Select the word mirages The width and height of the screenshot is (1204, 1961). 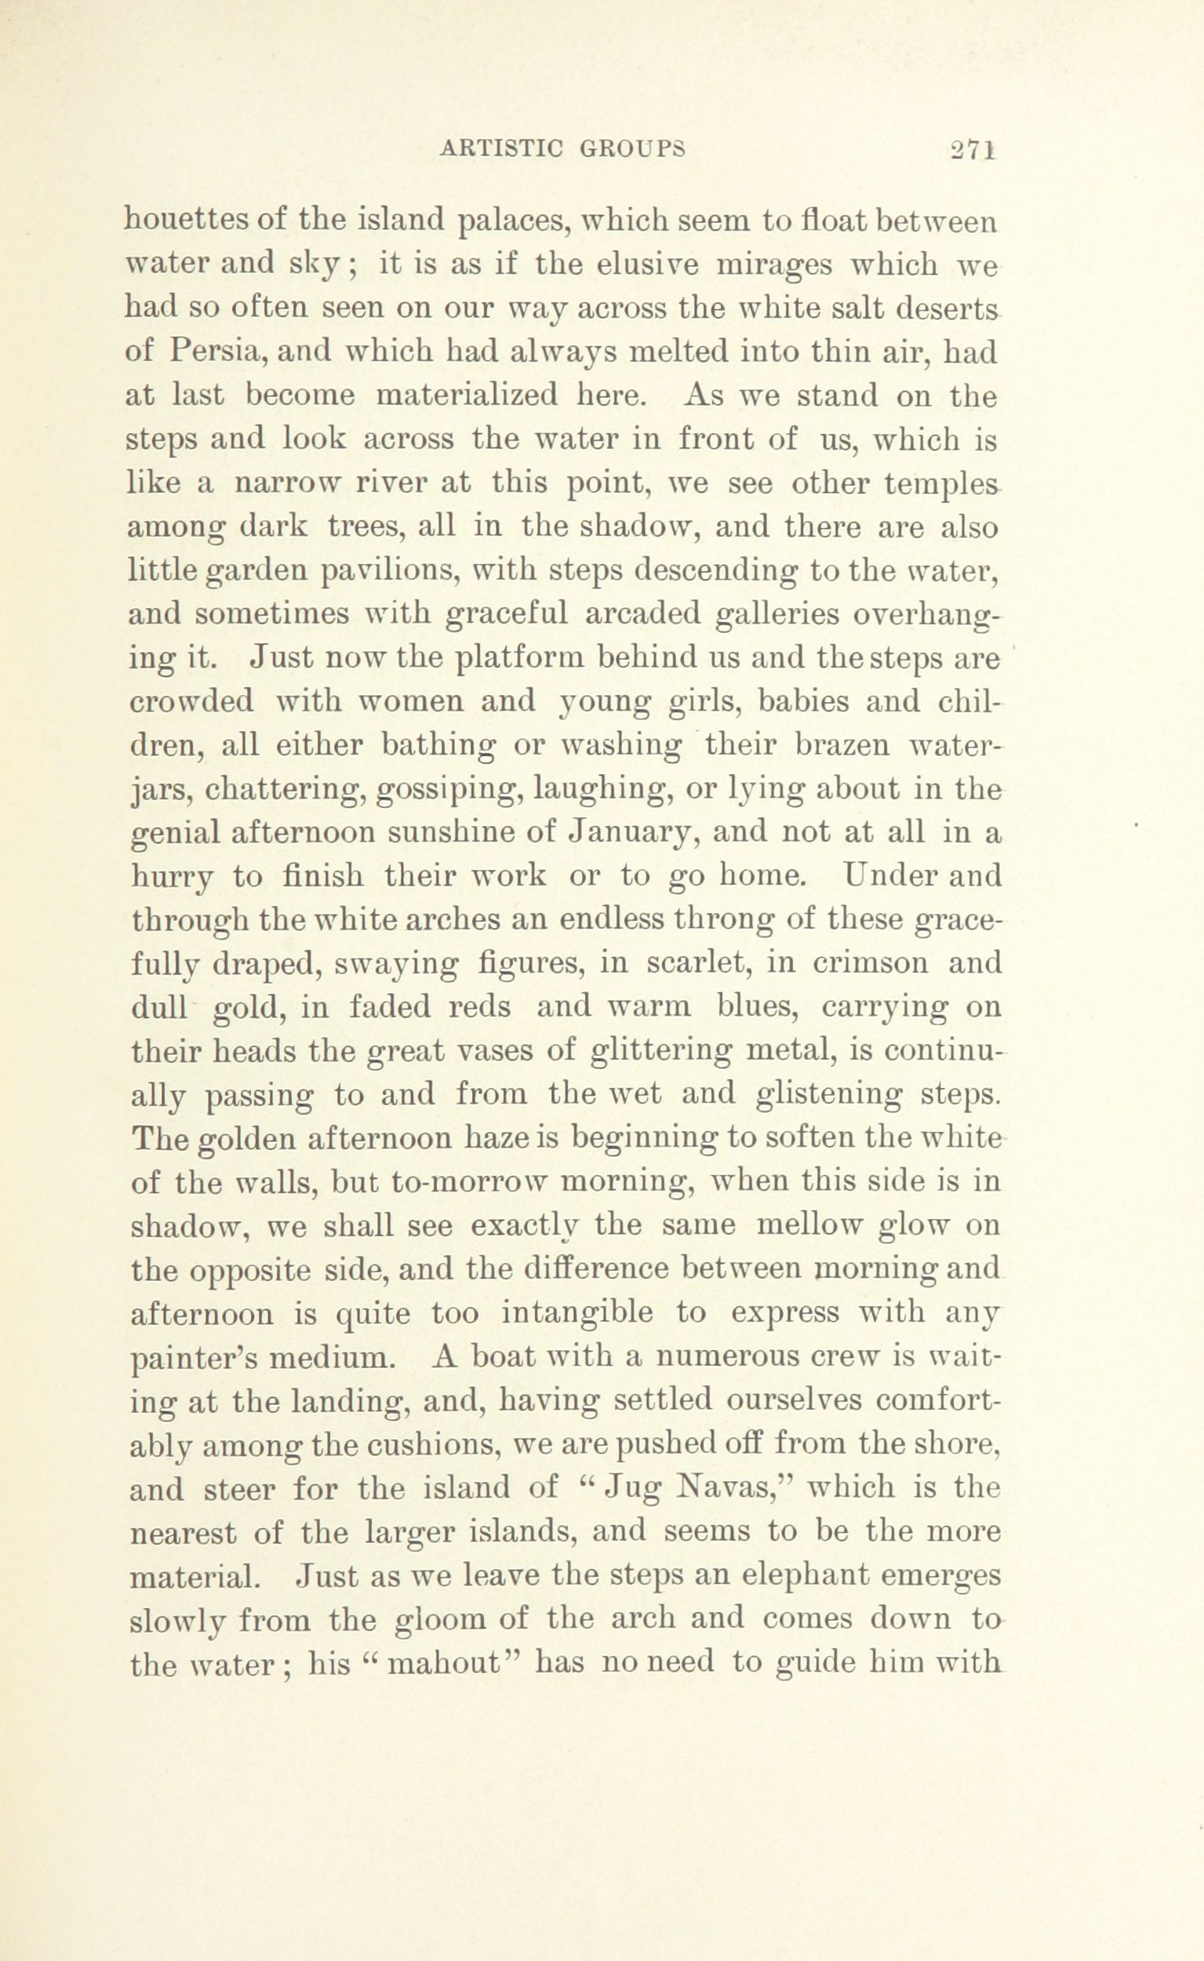[x=766, y=262]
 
